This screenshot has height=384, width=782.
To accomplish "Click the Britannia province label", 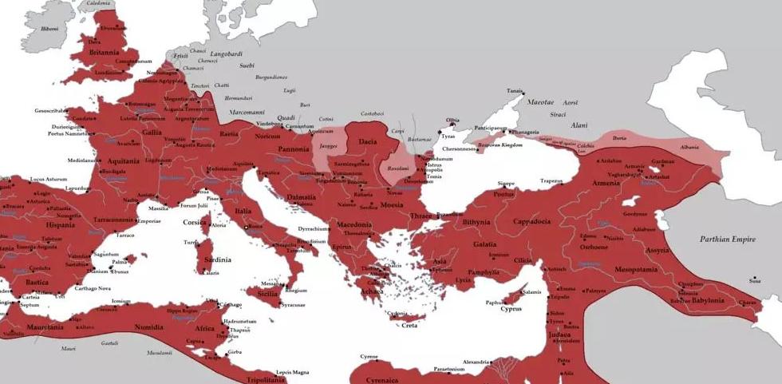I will [x=105, y=53].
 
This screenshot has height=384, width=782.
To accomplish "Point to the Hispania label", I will [x=38, y=225].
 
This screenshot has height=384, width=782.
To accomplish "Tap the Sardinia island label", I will [x=216, y=259].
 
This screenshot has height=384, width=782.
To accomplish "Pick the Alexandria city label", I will [x=476, y=362].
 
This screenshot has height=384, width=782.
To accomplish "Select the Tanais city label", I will [x=515, y=91].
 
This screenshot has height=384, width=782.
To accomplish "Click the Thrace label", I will [x=421, y=216].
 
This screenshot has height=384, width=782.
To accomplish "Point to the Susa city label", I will [x=754, y=280].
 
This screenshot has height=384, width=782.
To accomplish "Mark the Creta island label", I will [x=409, y=325].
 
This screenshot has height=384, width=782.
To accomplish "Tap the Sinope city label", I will [x=506, y=184].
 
